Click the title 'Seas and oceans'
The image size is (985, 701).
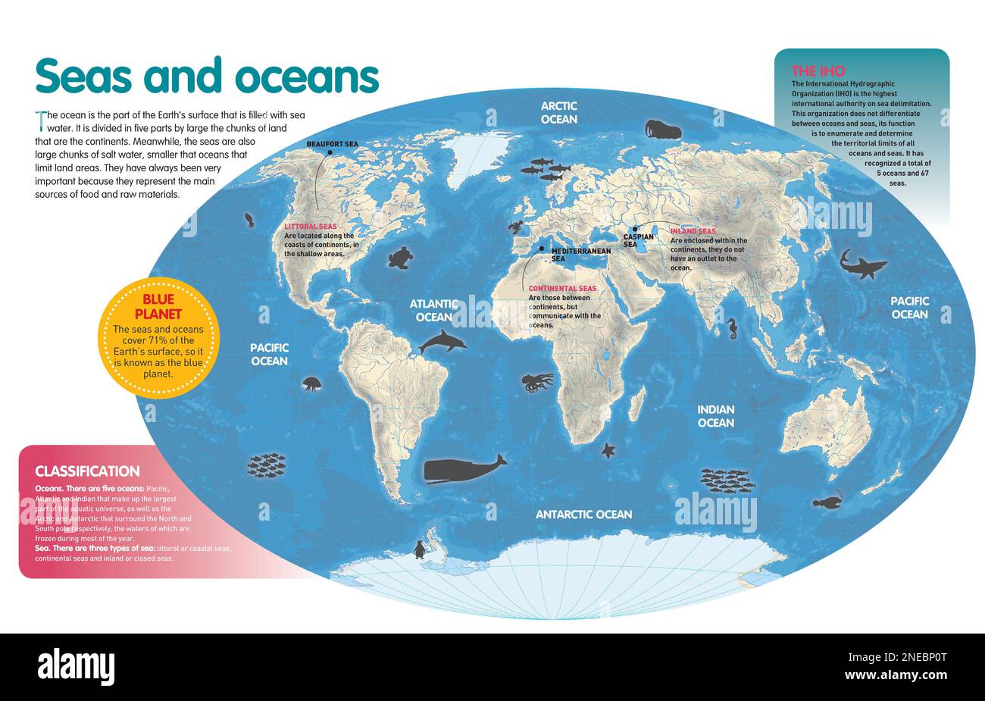206,77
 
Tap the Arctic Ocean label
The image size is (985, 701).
558,113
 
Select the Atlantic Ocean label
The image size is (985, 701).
433,310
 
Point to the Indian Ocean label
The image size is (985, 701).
715,415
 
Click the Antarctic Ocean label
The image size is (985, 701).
583,515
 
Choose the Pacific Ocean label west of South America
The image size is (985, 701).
269,354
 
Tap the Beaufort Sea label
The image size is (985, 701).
332,144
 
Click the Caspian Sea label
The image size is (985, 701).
638,240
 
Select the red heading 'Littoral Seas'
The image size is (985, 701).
310,227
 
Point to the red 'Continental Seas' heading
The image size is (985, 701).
562,289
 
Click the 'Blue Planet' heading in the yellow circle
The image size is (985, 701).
158,307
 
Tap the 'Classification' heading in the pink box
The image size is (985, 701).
87,471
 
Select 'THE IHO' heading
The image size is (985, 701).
818,71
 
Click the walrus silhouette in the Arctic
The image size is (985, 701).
662,130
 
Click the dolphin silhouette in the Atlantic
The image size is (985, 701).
442,342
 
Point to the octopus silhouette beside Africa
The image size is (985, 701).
536,382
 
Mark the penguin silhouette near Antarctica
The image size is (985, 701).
419,549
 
